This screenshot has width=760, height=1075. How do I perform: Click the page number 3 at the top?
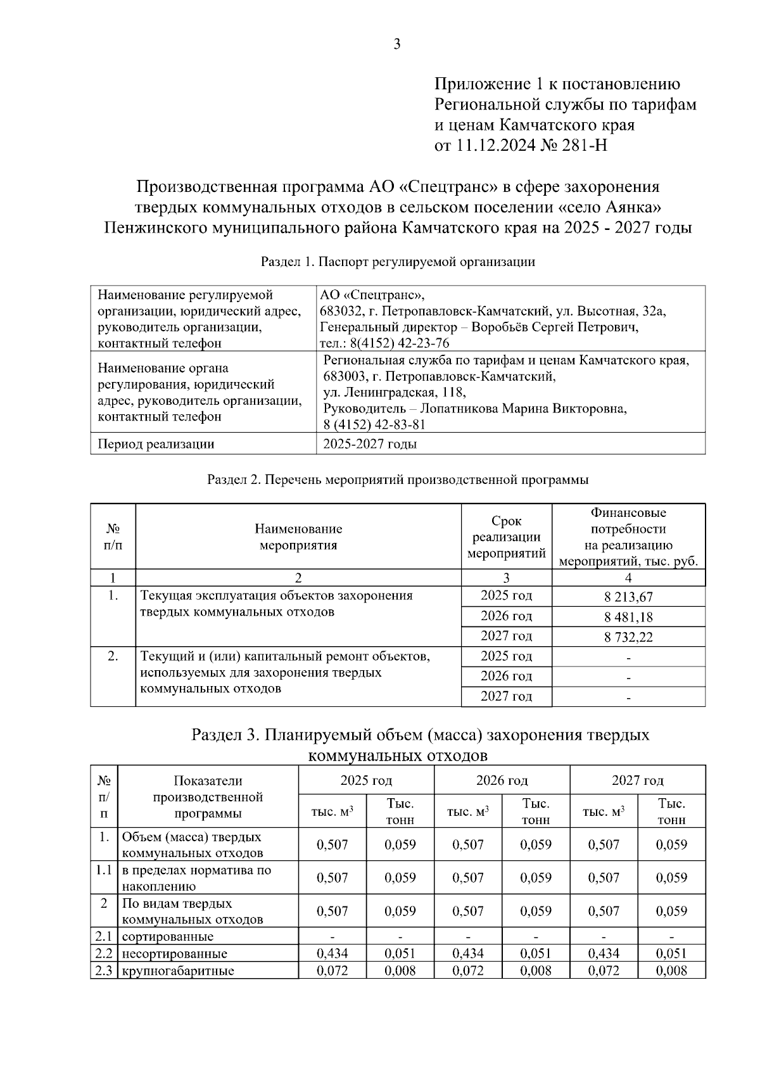point(397,44)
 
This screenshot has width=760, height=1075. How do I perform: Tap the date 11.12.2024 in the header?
point(494,146)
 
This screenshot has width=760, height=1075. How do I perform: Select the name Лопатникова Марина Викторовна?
point(524,409)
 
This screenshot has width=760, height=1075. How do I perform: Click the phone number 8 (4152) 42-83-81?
point(374,424)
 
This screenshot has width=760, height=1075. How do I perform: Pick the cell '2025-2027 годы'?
point(370,444)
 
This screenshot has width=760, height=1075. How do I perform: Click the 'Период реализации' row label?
point(156,444)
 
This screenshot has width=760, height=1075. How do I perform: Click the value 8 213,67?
point(628,597)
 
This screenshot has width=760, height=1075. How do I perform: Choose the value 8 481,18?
point(628,617)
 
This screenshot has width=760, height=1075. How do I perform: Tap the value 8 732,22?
point(628,637)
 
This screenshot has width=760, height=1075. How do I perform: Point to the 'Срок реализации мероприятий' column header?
point(506,537)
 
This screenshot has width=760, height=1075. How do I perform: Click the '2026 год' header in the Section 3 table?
point(502,780)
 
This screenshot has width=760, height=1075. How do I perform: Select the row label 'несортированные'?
point(174,953)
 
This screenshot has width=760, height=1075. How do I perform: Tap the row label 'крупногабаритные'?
point(178,970)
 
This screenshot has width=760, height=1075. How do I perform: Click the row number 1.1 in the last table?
point(104,870)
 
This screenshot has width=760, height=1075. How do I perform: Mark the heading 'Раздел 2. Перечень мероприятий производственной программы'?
point(398,480)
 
